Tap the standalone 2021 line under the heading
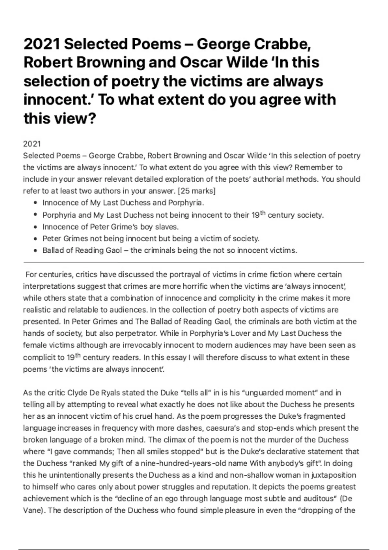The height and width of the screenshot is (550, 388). point(32,144)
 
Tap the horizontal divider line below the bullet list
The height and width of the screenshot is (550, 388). point(194,262)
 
